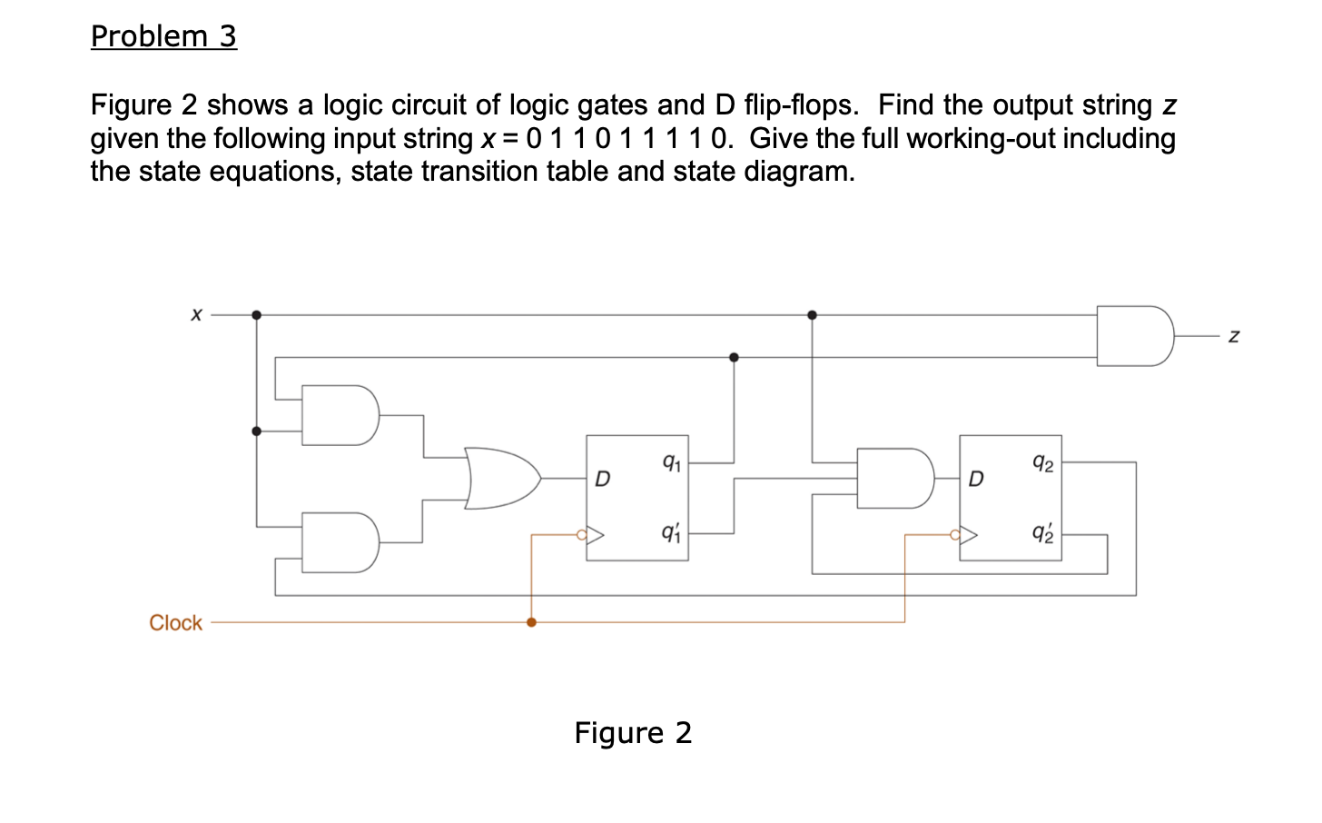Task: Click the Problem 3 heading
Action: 163,36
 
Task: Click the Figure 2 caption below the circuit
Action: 633,732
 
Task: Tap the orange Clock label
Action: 175,623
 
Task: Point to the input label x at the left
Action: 195,314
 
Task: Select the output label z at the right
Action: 1233,336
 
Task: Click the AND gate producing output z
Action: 1134,336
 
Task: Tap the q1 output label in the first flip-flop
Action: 671,462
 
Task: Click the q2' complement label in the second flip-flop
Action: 1043,533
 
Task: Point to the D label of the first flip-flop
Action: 602,479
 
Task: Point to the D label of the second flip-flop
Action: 975,479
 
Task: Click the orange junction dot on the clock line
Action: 531,622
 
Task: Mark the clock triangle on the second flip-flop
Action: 969,535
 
